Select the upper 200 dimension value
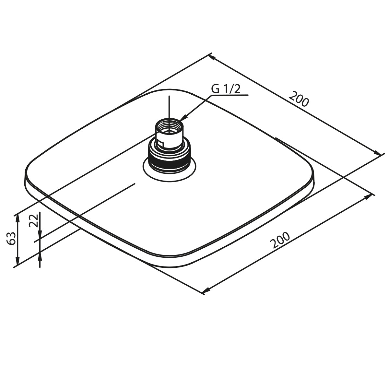pyautogui.click(x=299, y=99)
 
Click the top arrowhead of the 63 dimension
pyautogui.click(x=18, y=219)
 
